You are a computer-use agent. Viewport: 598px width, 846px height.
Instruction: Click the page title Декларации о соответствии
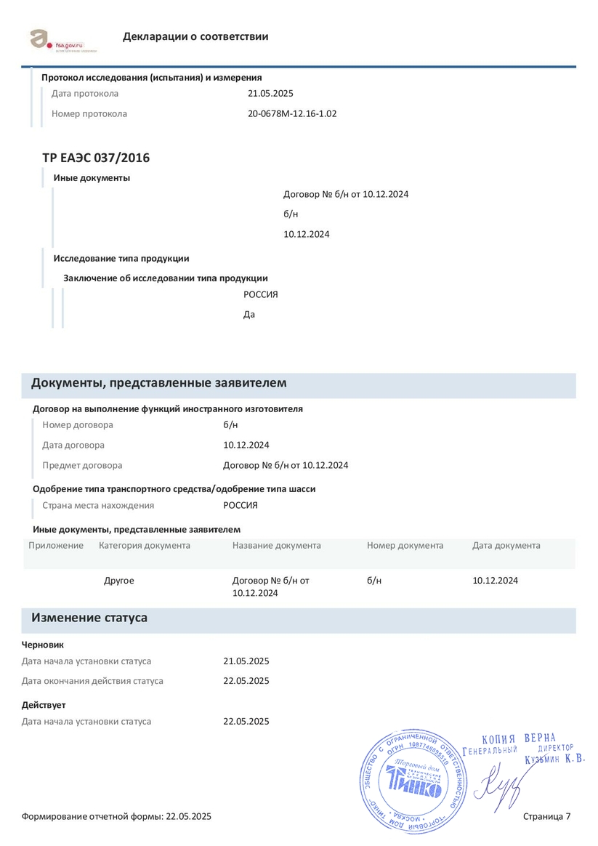tap(195, 36)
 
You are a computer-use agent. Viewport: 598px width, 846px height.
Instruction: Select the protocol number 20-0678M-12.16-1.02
tap(292, 113)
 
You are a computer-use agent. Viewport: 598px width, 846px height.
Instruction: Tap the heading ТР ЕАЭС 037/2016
tap(96, 158)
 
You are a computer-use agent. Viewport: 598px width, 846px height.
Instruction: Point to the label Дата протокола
tap(85, 94)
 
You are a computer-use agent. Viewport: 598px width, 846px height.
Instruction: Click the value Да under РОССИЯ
tap(249, 315)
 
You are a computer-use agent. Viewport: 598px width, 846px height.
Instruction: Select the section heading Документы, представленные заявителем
tap(158, 383)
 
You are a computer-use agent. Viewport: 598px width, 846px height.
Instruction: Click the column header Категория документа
tap(145, 545)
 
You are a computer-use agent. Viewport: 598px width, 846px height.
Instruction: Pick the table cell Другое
tap(119, 581)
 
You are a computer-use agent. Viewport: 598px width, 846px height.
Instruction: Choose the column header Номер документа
tap(405, 545)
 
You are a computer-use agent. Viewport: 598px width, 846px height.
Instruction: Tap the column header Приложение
tap(56, 545)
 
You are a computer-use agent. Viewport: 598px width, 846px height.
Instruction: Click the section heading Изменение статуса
tap(89, 618)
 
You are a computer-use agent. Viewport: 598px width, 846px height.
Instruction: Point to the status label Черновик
tap(43, 644)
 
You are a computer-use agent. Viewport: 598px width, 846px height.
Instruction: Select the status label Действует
tap(44, 705)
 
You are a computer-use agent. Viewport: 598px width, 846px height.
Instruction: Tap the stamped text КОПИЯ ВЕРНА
tap(519, 738)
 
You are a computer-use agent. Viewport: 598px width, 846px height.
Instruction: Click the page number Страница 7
tap(546, 817)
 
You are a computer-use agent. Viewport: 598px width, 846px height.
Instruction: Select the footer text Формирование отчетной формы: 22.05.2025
tap(116, 817)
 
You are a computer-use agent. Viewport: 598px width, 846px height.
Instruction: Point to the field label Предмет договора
tap(82, 465)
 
